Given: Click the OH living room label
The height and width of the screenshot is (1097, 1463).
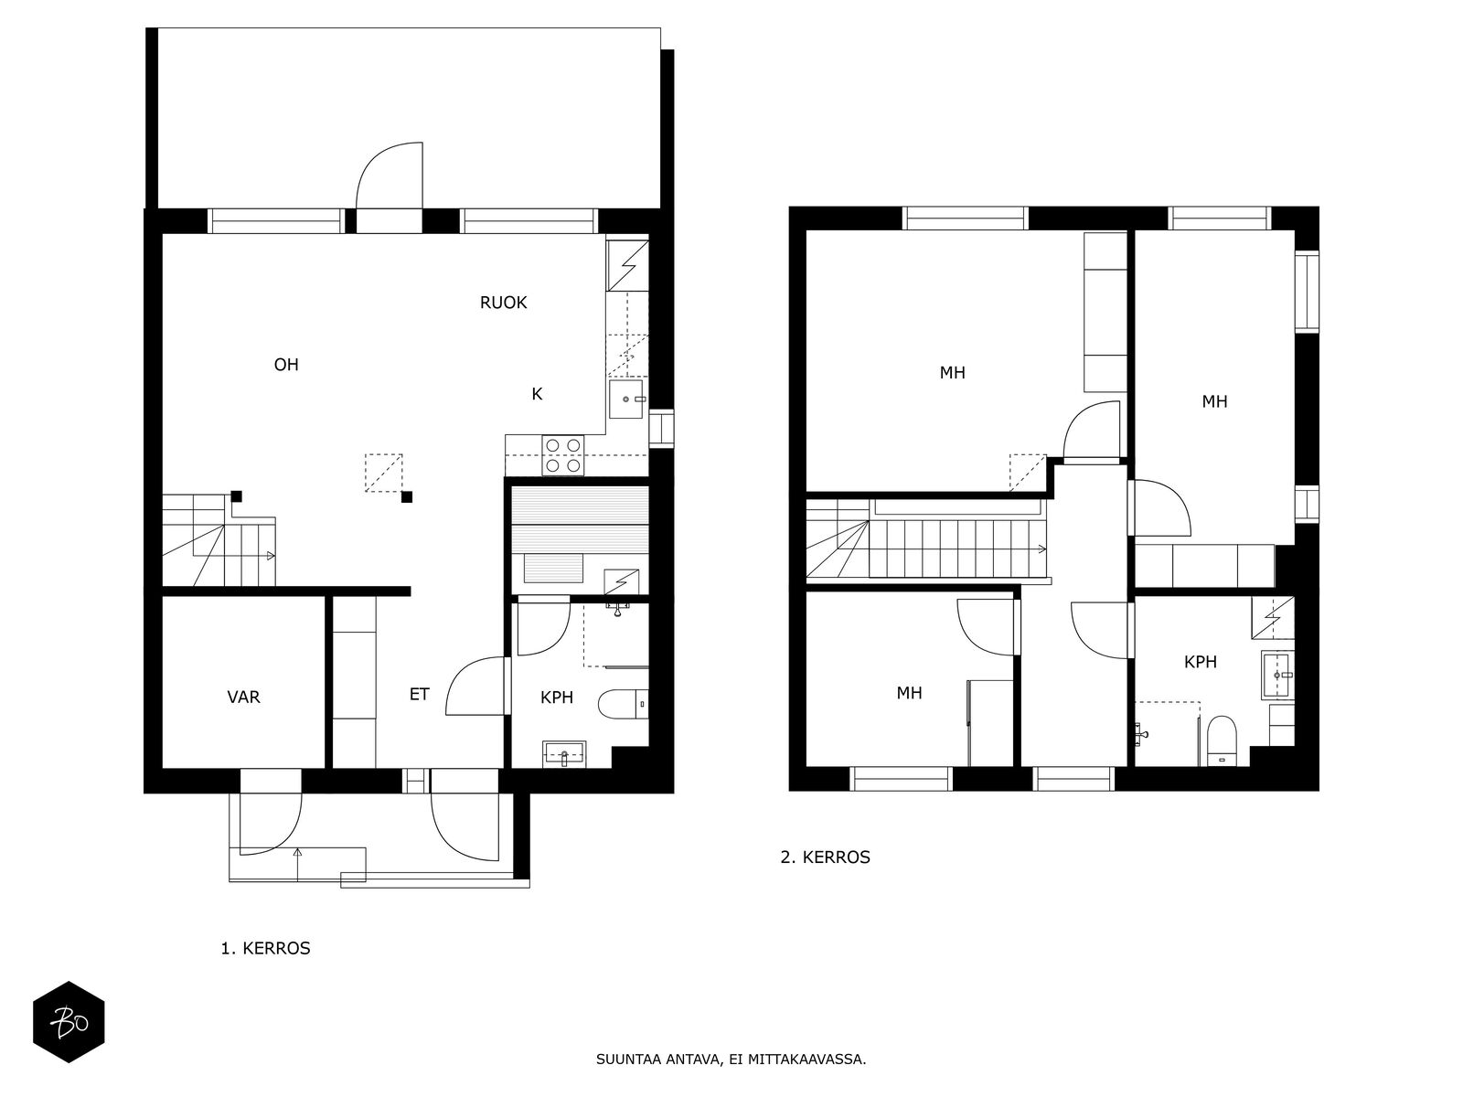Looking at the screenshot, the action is click(x=286, y=365).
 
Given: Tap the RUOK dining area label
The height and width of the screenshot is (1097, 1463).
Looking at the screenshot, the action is click(x=503, y=303).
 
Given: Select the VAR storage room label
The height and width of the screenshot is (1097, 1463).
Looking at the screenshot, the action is click(x=243, y=697).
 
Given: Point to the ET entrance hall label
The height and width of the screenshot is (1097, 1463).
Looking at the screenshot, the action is click(x=419, y=694).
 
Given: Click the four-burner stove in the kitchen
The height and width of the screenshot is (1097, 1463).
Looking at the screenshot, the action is click(x=563, y=455).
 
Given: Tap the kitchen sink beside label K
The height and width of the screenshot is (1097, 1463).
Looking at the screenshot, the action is click(x=626, y=399).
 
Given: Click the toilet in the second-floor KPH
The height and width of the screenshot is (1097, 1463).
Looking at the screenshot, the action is click(x=1222, y=740).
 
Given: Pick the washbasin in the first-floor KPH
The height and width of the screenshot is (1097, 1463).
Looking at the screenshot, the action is click(x=564, y=752).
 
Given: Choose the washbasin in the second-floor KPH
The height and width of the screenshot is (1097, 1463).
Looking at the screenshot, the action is click(x=1277, y=675).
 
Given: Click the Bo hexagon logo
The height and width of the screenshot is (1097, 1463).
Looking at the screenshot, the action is click(x=69, y=1022).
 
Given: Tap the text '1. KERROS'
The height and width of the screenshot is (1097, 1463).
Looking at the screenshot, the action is click(x=265, y=948).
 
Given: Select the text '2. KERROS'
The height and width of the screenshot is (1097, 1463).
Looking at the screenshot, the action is click(x=825, y=857).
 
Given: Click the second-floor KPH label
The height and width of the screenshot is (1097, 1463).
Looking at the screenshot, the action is click(x=1201, y=661).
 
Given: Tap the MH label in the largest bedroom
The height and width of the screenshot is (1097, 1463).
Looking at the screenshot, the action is click(x=953, y=372).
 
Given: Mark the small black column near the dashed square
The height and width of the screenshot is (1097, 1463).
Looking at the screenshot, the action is click(x=407, y=497).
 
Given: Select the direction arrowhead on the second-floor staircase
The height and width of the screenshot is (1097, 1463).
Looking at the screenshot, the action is click(x=1041, y=548).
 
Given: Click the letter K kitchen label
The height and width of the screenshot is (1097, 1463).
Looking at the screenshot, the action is click(x=537, y=394).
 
